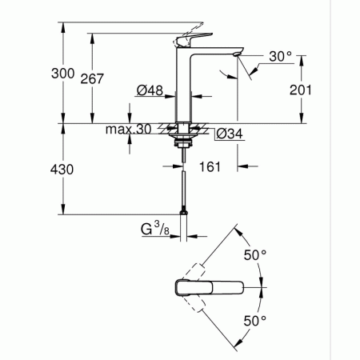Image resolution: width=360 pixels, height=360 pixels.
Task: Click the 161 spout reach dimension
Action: point(210,167)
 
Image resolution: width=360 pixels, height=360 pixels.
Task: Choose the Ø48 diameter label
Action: point(150,91)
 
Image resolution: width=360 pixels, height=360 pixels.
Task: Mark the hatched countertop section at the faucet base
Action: point(170,127)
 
